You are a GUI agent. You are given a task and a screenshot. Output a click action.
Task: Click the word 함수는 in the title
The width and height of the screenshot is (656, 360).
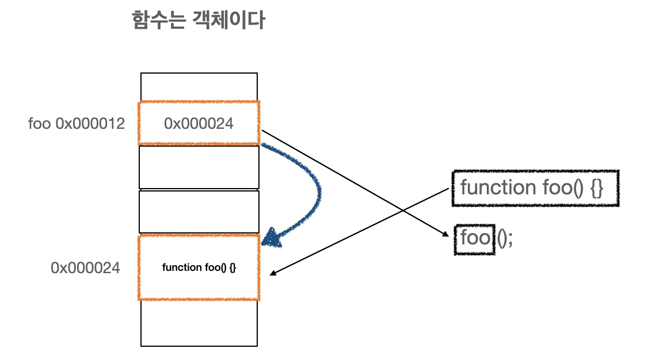pos(157,21)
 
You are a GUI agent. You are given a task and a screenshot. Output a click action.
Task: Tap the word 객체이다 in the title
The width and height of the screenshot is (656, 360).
pos(227,21)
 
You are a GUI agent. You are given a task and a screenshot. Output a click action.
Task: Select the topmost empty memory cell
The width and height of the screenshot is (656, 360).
pos(199,87)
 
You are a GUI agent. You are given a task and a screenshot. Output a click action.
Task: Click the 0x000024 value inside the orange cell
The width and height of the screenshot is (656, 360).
pos(199,123)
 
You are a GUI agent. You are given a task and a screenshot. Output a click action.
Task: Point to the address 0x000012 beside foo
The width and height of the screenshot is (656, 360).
pos(90,124)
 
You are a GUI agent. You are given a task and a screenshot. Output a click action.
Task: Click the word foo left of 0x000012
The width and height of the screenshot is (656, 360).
pos(40,124)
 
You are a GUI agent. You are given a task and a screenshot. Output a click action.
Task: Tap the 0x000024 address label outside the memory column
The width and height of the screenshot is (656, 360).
pos(85,267)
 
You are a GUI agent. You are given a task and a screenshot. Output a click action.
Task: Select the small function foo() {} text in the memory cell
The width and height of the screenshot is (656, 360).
pos(199,267)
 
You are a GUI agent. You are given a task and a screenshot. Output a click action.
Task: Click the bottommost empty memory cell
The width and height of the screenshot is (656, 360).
pos(199,323)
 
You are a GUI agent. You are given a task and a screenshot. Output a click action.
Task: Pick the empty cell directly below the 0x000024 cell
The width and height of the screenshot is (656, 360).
pos(199,167)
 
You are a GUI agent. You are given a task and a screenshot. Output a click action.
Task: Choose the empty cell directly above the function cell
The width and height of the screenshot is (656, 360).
pos(199,212)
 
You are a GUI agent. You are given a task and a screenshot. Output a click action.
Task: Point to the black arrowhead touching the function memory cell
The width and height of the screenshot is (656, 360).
pos(273,273)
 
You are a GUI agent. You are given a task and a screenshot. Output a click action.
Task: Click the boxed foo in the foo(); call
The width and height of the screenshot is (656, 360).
pos(475,238)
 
